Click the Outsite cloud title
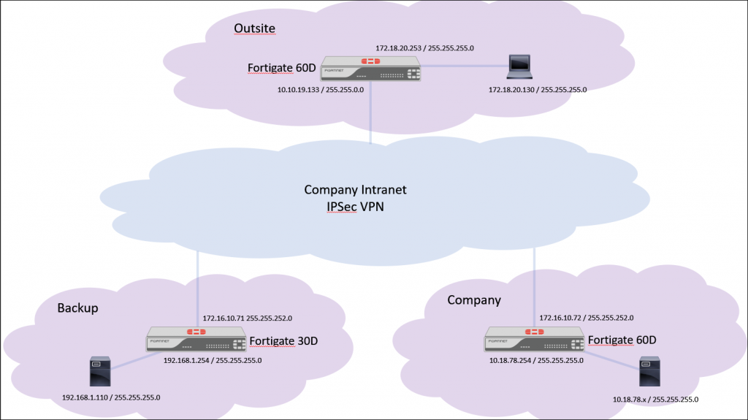click(x=254, y=28)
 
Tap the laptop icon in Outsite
click(x=519, y=67)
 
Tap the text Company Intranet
click(x=355, y=190)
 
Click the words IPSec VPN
click(x=355, y=206)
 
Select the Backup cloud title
click(x=77, y=308)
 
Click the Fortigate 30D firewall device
click(x=196, y=340)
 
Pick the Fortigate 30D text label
click(x=283, y=341)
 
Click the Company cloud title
click(x=474, y=300)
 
